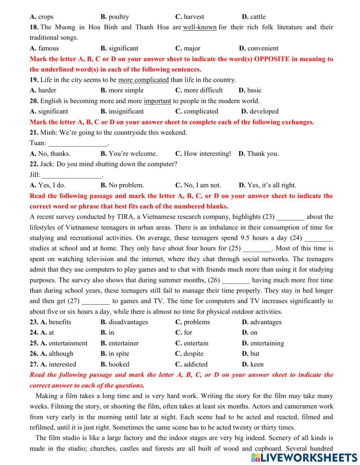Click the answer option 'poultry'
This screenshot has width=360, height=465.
(x=118, y=17)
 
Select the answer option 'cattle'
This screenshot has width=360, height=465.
(x=258, y=17)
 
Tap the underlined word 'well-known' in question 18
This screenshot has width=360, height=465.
(x=200, y=27)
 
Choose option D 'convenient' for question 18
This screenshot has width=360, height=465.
(x=263, y=48)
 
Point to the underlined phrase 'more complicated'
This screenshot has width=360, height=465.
(x=143, y=80)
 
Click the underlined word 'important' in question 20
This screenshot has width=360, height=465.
(x=157, y=101)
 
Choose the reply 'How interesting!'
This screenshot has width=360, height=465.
(x=207, y=154)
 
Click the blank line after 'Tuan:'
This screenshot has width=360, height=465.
(x=78, y=143)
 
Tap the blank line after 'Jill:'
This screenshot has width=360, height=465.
(x=72, y=175)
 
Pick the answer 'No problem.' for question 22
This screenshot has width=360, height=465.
(x=126, y=185)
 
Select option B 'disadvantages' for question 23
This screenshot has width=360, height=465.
(x=128, y=322)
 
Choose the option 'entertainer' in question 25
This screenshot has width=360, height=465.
(x=123, y=343)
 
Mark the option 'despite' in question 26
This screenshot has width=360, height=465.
(x=193, y=354)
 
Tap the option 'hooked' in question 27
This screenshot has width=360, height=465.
(x=119, y=364)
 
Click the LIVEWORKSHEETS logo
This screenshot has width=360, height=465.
(x=304, y=457)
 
